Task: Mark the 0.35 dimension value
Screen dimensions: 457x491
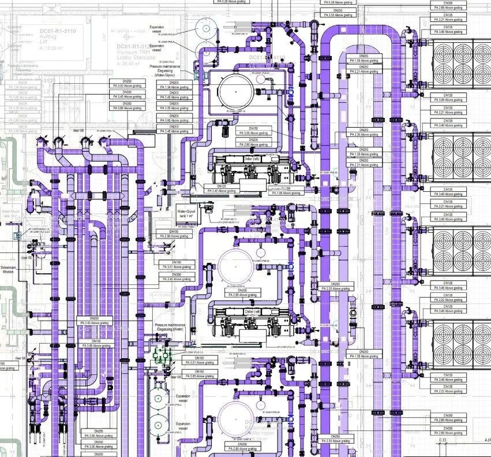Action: click(443, 441)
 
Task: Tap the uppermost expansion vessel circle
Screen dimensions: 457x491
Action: click(204, 27)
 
